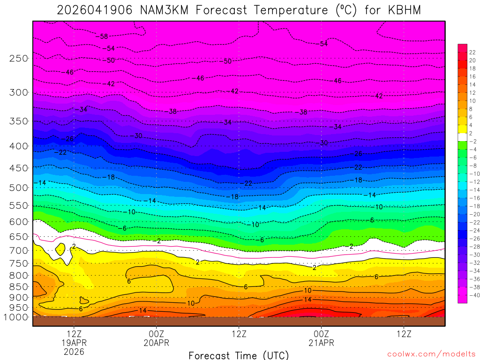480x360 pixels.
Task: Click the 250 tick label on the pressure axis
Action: pos(18,58)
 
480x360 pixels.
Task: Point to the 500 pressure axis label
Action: pos(18,187)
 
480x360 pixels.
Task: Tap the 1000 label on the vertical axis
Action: pos(16,317)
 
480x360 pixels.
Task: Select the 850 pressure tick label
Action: pos(18,286)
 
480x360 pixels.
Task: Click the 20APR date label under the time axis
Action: pos(156,343)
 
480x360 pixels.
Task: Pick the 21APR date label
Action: pos(321,343)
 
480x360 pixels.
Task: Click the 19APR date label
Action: pos(74,343)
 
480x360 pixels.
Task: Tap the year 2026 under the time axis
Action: pos(74,351)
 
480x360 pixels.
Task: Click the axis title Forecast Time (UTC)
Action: pos(239,355)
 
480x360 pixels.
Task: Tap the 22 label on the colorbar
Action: pos(472,52)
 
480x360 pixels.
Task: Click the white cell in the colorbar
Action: pos(462,135)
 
